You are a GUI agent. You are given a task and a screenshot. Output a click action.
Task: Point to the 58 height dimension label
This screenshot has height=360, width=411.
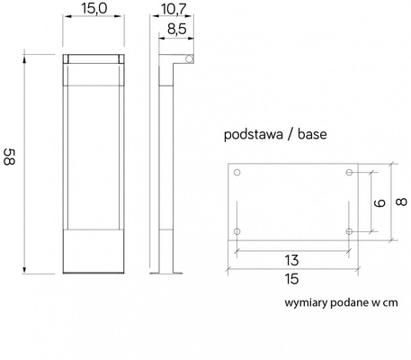click(12, 162)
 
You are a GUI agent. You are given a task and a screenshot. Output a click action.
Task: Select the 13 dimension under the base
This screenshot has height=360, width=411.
click(292, 258)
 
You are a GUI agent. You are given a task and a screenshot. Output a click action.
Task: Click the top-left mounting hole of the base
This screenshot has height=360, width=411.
click(237, 173)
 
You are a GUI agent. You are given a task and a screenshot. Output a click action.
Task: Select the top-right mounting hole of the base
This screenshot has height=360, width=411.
click(349, 173)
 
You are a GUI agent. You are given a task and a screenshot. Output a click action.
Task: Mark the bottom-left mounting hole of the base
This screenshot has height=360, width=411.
click(237, 232)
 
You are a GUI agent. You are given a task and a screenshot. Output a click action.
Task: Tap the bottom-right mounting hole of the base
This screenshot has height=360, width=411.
click(349, 232)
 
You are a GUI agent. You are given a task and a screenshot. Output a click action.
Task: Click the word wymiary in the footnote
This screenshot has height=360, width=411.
click(305, 305)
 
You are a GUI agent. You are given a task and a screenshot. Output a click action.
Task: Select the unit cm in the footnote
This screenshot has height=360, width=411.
click(389, 306)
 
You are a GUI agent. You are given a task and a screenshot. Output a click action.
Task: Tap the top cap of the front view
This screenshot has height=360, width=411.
click(93, 58)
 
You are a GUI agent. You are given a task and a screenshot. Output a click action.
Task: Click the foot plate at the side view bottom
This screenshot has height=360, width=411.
click(167, 273)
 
